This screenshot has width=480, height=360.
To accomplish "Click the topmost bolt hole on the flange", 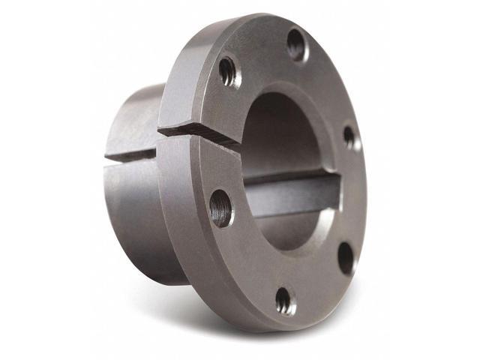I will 296,43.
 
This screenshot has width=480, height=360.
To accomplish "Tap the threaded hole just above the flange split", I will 228,71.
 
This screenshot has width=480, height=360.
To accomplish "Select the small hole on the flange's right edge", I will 349,136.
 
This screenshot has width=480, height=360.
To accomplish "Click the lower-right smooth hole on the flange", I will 345,257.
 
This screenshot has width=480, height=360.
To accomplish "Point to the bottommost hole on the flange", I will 285,300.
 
